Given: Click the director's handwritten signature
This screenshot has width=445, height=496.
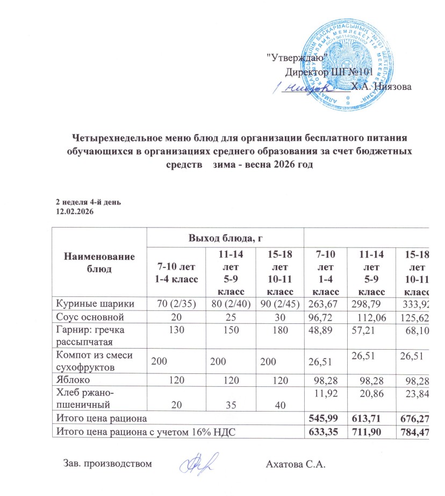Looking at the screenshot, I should coord(301,88).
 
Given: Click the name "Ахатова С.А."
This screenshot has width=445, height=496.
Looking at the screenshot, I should coord(297,464).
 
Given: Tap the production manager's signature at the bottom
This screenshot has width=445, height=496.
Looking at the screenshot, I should coord(194,462).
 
